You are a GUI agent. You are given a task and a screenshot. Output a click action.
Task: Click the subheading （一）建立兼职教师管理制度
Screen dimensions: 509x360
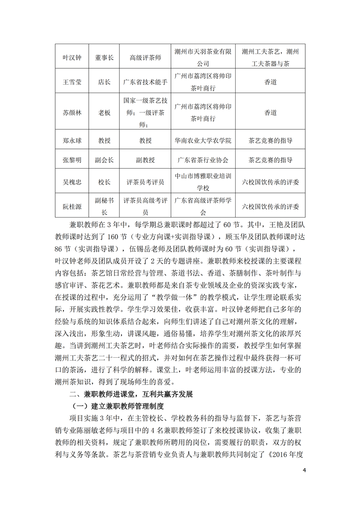[x=113, y=407]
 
